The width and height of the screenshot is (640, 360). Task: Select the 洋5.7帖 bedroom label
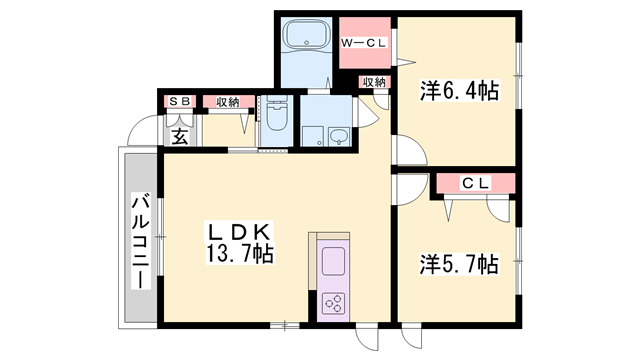(x=458, y=265)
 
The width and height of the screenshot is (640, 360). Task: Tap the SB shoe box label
(x=181, y=101)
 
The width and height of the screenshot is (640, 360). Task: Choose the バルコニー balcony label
(x=139, y=239)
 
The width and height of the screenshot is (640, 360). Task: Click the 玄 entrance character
(x=180, y=135)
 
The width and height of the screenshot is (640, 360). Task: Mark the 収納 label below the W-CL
(x=373, y=82)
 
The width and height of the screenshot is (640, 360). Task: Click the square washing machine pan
(x=314, y=136)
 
